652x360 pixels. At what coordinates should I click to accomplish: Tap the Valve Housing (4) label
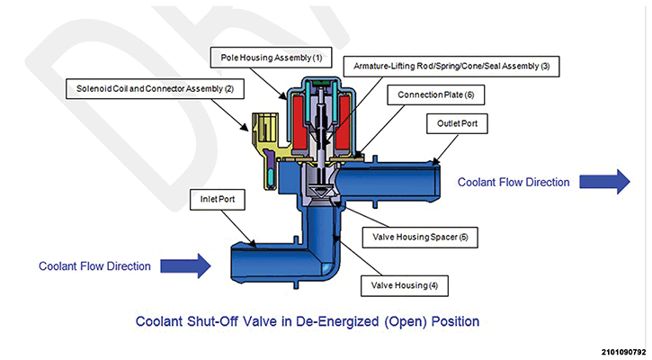pyautogui.click(x=402, y=286)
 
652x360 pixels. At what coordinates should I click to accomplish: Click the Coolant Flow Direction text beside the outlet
pyautogui.click(x=514, y=182)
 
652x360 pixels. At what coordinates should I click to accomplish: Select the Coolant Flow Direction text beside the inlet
pyautogui.click(x=94, y=265)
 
